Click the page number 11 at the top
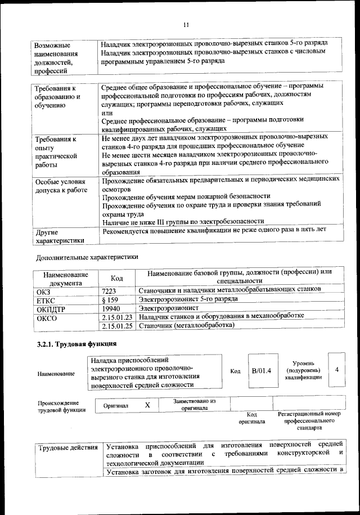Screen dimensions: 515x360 pyautogui.click(x=185, y=24)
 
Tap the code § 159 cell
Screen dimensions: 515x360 pyautogui.click(x=110, y=299)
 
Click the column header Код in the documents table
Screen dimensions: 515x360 pyautogui.click(x=116, y=278)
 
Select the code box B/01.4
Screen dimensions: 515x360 pyautogui.click(x=262, y=371)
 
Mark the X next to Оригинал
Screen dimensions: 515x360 pyautogui.click(x=147, y=405)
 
